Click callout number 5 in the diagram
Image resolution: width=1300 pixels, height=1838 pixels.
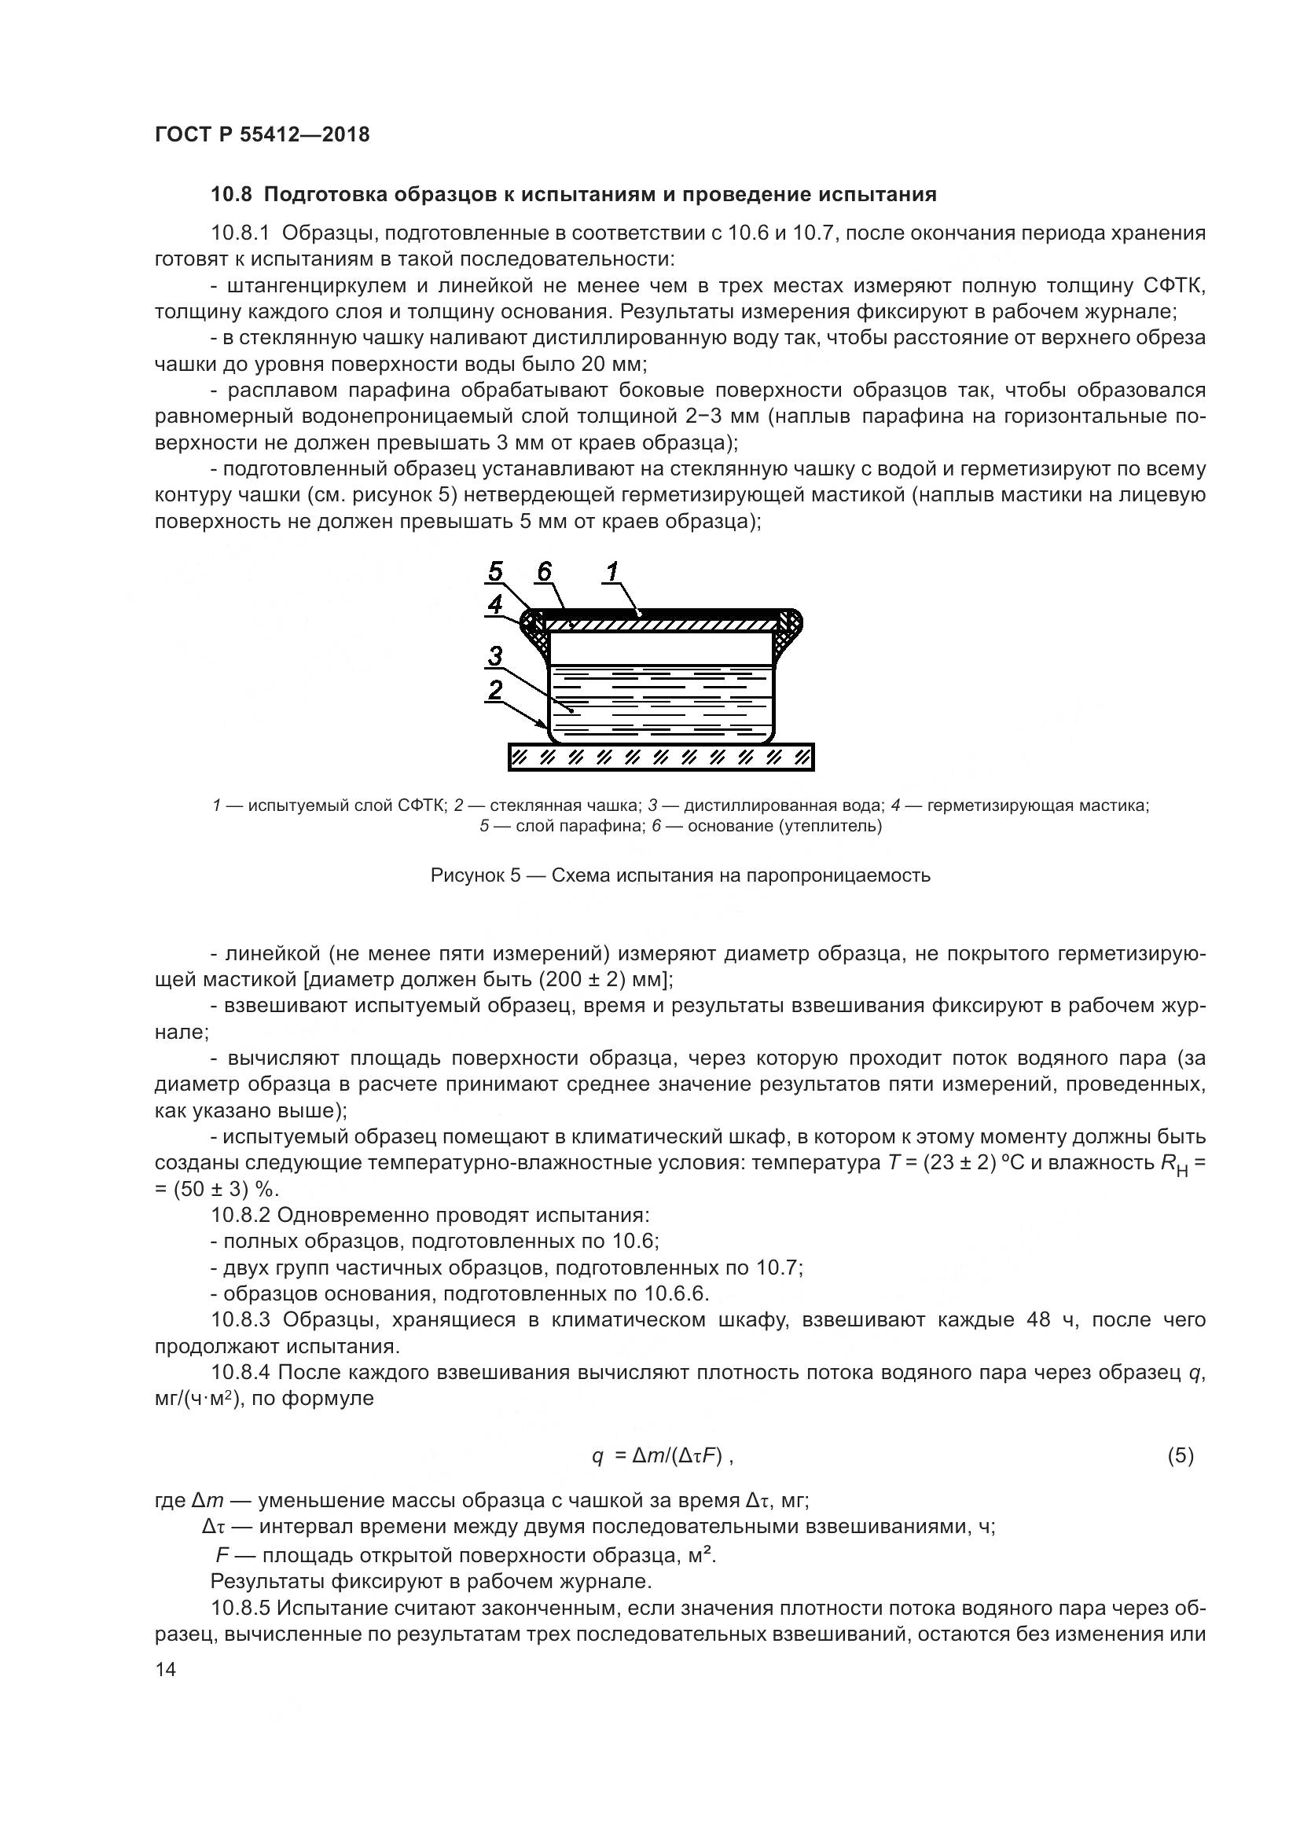pos(495,571)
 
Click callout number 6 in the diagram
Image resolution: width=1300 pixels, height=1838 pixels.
pos(545,571)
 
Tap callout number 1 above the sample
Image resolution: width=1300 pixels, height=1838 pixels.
pos(613,571)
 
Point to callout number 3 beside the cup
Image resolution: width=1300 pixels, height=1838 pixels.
pos(495,656)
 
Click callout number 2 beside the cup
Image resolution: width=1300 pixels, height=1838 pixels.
pos(495,689)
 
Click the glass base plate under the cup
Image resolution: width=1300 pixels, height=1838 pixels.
pos(660,757)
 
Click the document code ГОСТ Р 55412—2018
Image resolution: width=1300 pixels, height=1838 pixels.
pos(262,134)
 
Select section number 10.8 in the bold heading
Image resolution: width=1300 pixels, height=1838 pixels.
pos(232,195)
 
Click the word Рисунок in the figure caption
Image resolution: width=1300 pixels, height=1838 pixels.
pos(466,875)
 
